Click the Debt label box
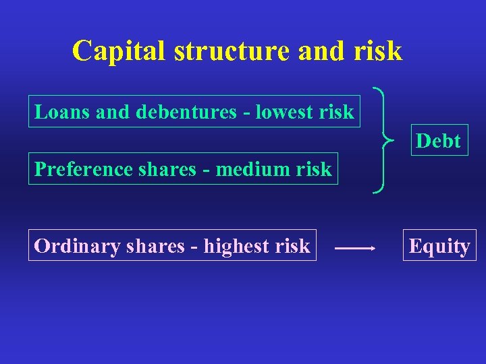439,141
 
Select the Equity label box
439,247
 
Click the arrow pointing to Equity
355,248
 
